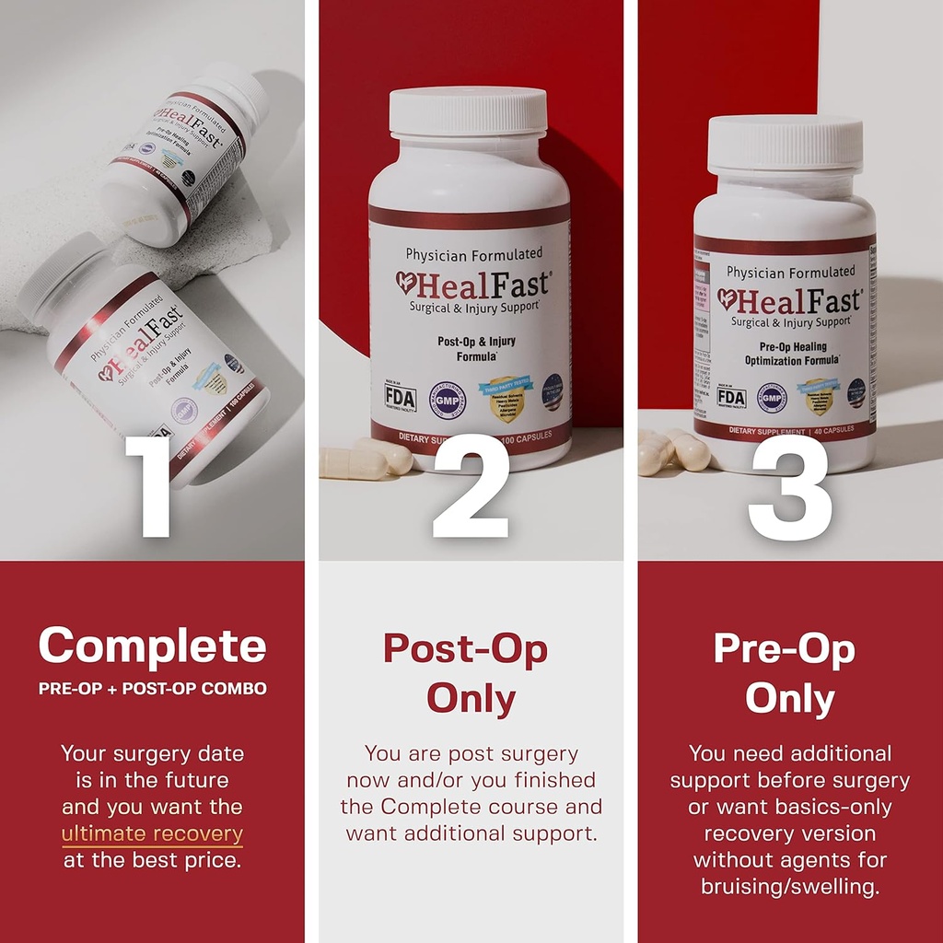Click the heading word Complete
pyautogui.click(x=152, y=646)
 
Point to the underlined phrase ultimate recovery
pyautogui.click(x=152, y=834)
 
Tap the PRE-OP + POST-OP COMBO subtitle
pyautogui.click(x=152, y=689)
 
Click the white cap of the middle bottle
pyautogui.click(x=468, y=111)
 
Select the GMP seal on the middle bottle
pyautogui.click(x=448, y=400)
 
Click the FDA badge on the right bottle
pyautogui.click(x=731, y=396)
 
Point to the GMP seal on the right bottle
pyautogui.click(x=772, y=397)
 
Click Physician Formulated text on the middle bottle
pyautogui.click(x=474, y=253)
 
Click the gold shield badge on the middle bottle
pyautogui.click(x=506, y=399)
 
